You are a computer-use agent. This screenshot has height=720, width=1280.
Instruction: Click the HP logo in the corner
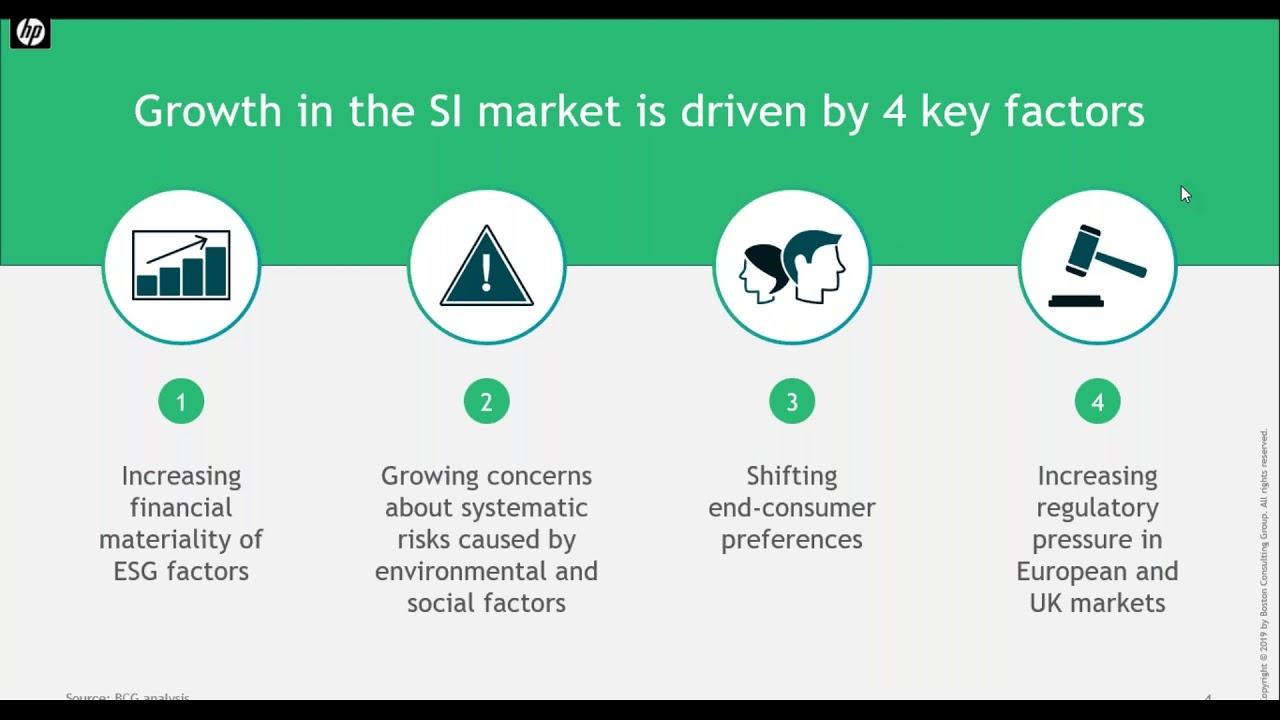[30, 33]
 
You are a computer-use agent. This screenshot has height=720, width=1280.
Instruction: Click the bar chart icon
[181, 265]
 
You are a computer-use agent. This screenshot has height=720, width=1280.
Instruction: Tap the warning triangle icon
[487, 267]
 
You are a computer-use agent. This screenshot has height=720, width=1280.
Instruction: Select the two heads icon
[792, 267]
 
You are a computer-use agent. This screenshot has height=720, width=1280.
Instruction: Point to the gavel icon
[1097, 267]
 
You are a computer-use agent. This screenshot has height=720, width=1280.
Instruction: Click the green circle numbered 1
[181, 402]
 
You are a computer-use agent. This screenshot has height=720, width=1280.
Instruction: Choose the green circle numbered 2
[487, 402]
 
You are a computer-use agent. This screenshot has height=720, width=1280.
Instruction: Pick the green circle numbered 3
[792, 402]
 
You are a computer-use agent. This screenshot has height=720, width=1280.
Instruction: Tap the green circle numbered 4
[1097, 402]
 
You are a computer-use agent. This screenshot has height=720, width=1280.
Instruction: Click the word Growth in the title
[208, 111]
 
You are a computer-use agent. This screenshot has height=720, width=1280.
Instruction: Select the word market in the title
[548, 111]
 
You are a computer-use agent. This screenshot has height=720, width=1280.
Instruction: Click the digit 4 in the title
[894, 111]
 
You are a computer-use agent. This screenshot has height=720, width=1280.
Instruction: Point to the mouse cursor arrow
[1185, 194]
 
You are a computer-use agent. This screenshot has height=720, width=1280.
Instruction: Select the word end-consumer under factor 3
[792, 507]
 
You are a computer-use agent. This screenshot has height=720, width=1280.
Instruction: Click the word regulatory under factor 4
[1097, 507]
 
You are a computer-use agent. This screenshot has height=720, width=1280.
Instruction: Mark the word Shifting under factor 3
[792, 475]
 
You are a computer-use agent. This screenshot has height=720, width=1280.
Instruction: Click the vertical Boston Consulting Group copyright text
[1264, 565]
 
